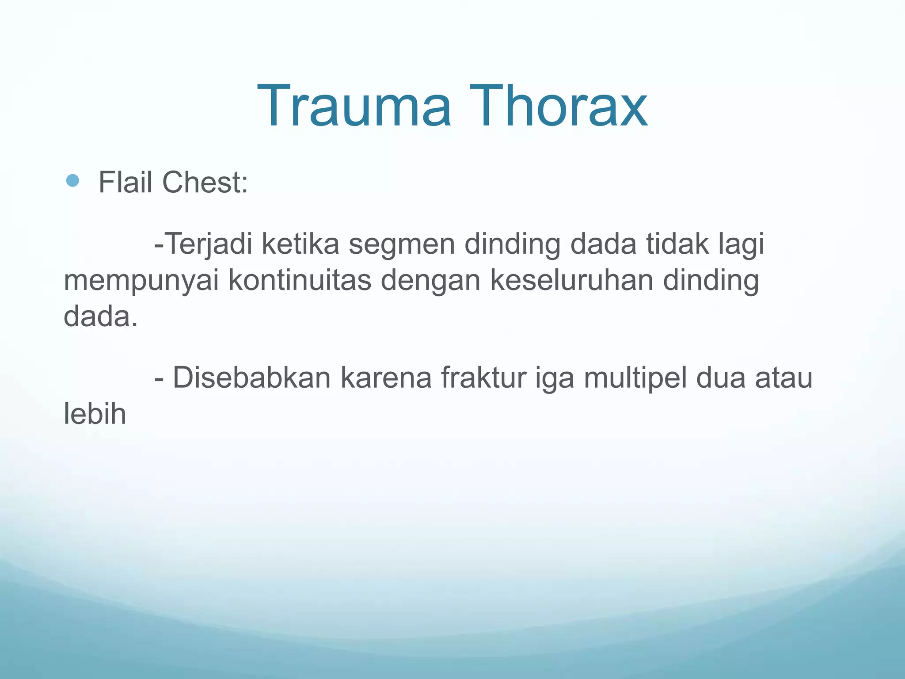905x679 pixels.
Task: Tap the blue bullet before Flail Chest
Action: [x=72, y=180]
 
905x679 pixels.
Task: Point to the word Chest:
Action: [x=205, y=182]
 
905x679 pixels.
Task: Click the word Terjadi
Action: [x=208, y=244]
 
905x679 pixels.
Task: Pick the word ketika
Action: [x=300, y=244]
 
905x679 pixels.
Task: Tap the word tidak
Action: [x=677, y=244]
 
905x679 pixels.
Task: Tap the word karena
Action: [x=386, y=378]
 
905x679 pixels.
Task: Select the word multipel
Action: [x=635, y=378]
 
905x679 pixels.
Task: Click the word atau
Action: [x=783, y=378]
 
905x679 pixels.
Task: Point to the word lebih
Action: [x=95, y=414]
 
